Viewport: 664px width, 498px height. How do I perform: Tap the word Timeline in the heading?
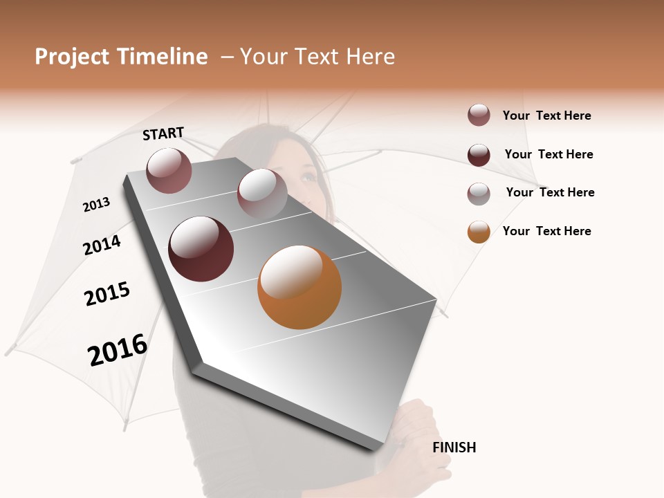(x=162, y=57)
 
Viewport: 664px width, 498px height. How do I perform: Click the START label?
(x=163, y=133)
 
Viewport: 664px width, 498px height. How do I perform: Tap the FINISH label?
(x=454, y=448)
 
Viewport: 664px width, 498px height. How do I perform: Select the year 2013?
(x=96, y=205)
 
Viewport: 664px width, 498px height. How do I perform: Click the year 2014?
(x=102, y=245)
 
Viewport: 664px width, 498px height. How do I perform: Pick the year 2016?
(x=118, y=350)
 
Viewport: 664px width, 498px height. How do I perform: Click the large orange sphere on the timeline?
(x=299, y=287)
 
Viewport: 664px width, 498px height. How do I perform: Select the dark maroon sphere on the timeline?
(x=201, y=249)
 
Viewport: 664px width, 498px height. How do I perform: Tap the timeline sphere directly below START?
(x=169, y=170)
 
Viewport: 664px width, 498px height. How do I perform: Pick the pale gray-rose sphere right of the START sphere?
(x=262, y=193)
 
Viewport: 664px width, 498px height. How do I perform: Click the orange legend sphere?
(x=479, y=232)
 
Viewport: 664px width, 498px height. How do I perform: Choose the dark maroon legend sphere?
(x=479, y=155)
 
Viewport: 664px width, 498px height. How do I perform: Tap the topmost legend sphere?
(x=479, y=116)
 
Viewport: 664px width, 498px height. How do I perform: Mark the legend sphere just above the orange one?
(x=479, y=194)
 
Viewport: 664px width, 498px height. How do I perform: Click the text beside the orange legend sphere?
(x=546, y=231)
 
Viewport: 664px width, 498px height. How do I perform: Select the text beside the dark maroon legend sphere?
(x=548, y=154)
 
